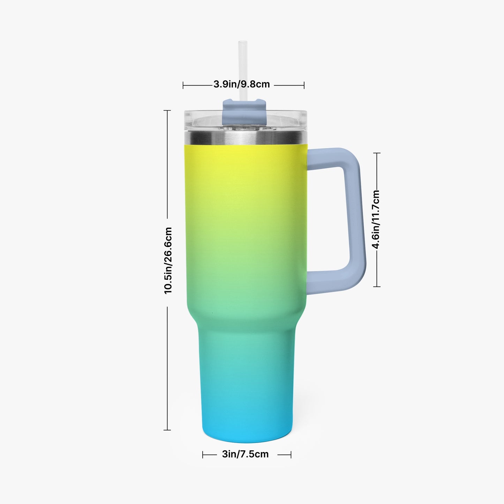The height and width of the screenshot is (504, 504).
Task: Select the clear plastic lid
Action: [x=245, y=121]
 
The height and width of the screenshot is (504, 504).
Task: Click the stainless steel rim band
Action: [x=246, y=138]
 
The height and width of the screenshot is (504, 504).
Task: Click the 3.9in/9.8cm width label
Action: [x=241, y=84]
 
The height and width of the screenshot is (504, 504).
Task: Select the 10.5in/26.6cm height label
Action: [x=168, y=261]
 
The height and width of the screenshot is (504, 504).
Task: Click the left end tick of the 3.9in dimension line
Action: [x=183, y=85]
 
